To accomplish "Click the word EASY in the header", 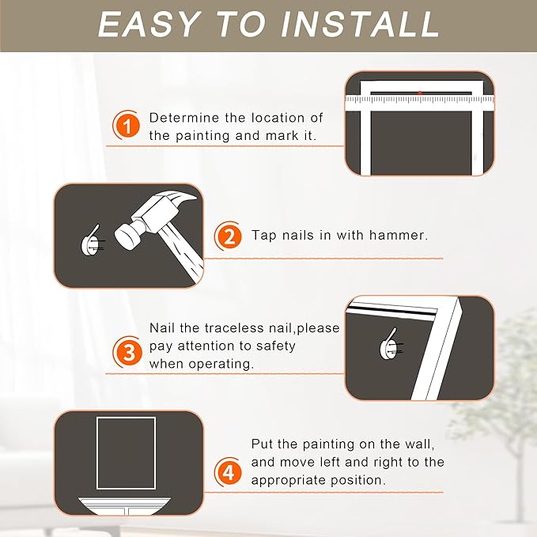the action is tap(148, 25).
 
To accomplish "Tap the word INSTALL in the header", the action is tap(360, 25).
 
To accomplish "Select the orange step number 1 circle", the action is tap(127, 125).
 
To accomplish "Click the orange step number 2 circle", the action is tap(229, 236).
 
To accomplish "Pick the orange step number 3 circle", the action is tap(127, 352).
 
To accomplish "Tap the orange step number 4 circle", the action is tap(229, 473).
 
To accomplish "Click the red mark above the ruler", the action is tap(419, 93).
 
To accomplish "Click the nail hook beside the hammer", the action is tap(92, 241).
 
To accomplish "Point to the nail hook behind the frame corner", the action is tap(391, 344).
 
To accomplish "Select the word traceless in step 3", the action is tap(234, 328).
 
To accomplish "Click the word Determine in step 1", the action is tap(184, 118).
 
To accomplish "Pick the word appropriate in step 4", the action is tap(282, 481).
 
